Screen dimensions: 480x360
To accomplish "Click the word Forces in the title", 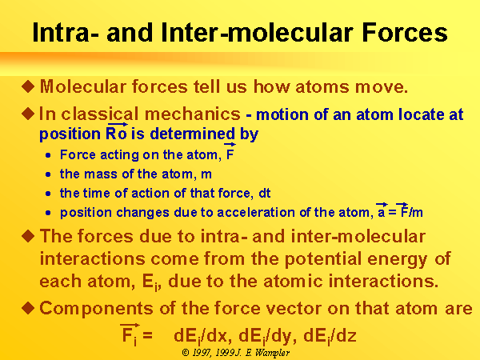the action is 405,32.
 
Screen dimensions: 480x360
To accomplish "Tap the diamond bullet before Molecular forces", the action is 28,86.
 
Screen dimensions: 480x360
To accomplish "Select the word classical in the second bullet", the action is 99,114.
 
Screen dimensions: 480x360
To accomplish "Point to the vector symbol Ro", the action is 116,132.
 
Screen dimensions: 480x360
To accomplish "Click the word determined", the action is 193,134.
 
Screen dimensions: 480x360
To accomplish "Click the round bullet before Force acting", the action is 48,155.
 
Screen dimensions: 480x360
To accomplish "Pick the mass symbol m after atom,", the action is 206,174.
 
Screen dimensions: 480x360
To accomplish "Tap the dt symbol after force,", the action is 265,193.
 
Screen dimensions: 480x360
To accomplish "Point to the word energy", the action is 398,259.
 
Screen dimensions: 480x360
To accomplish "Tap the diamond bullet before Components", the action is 28,308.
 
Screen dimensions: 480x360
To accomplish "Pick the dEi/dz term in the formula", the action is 330,336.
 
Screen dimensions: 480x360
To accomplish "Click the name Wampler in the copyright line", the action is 272,353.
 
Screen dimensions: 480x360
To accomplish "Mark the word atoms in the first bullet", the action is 322,87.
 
